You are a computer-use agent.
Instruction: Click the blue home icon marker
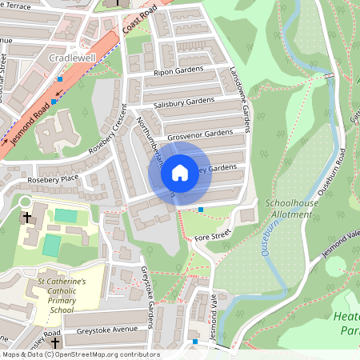pyautogui.click(x=180, y=173)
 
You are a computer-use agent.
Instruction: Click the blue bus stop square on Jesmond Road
pyautogui.click(x=60, y=79)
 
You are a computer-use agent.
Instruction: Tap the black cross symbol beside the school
pyautogui.click(x=26, y=218)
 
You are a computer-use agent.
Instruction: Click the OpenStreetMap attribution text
pyautogui.click(x=80, y=354)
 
